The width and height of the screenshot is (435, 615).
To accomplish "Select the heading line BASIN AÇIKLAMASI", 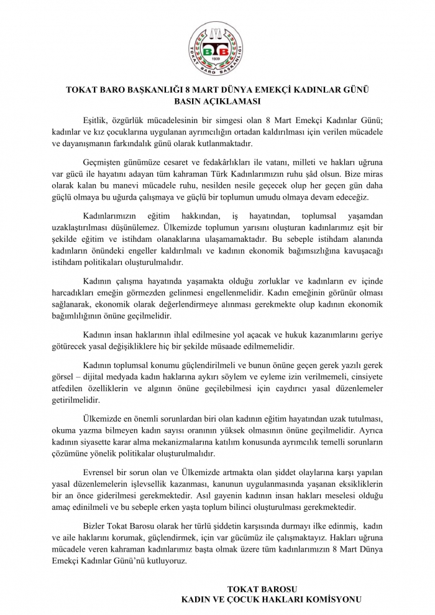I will pyautogui.click(x=217, y=101).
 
